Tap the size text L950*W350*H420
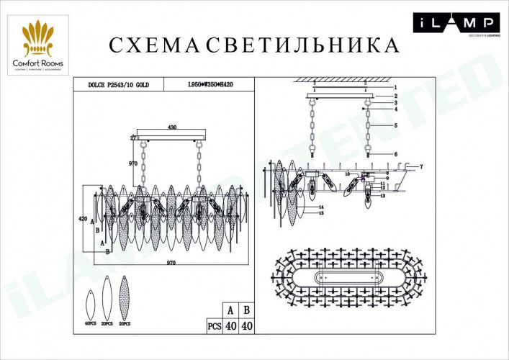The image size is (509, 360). (210, 84)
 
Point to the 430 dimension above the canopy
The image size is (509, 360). (171, 127)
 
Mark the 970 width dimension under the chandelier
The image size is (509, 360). (171, 264)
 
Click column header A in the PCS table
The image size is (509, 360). (229, 310)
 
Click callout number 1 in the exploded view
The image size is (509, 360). (395, 87)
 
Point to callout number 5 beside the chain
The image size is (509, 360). (395, 125)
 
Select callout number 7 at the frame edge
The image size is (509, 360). (421, 166)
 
